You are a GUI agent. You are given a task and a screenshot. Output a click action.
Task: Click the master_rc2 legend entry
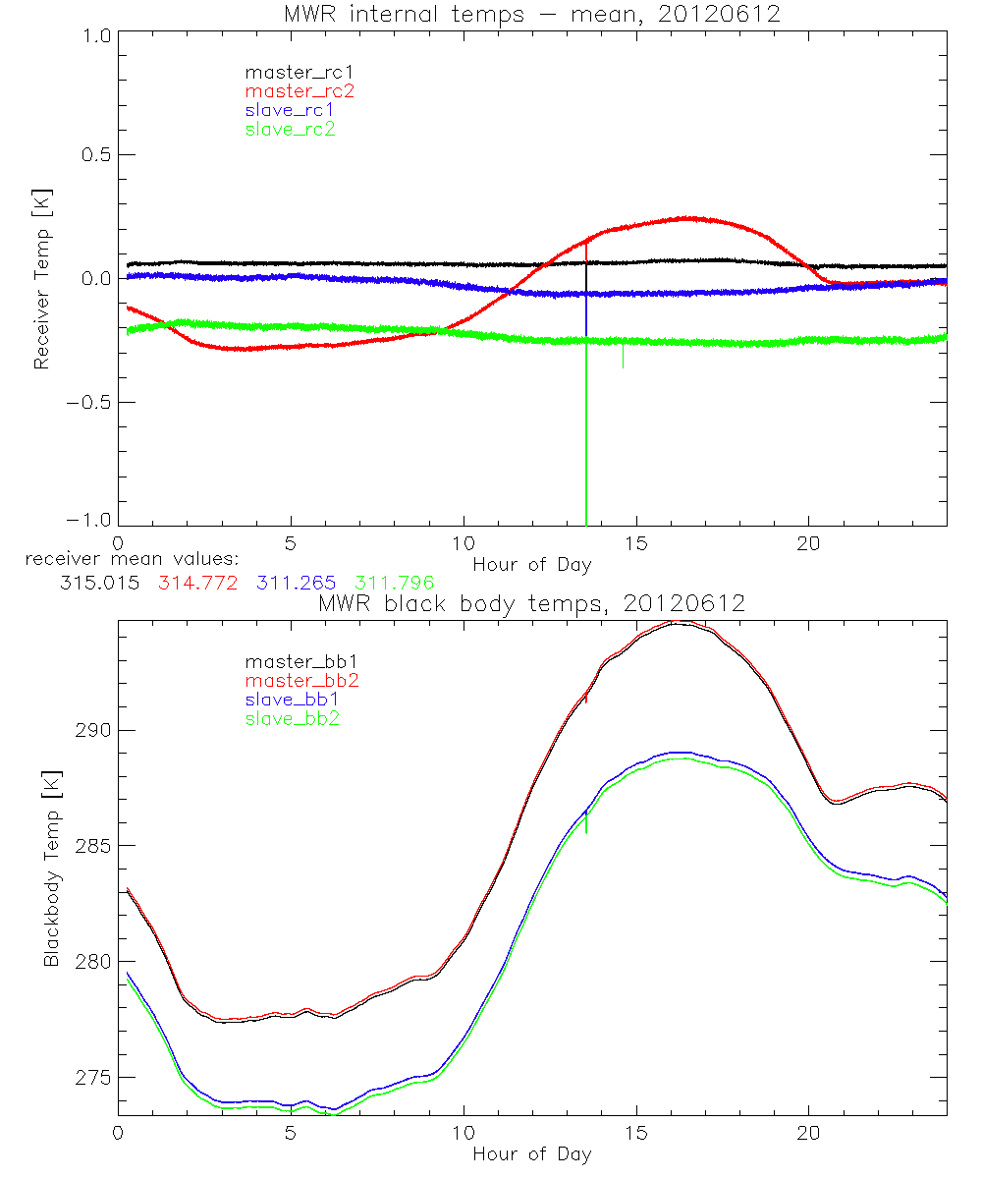[x=300, y=91]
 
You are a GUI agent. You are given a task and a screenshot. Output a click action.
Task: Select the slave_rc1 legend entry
[x=290, y=110]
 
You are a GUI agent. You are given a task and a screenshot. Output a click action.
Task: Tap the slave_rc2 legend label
[x=290, y=129]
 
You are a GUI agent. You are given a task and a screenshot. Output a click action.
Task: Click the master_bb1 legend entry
[x=300, y=662]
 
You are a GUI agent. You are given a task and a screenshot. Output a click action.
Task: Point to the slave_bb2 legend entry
[x=291, y=719]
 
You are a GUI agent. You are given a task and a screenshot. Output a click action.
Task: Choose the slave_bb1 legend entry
[x=291, y=700]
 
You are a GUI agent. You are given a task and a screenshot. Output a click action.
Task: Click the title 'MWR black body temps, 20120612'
[x=531, y=603]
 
